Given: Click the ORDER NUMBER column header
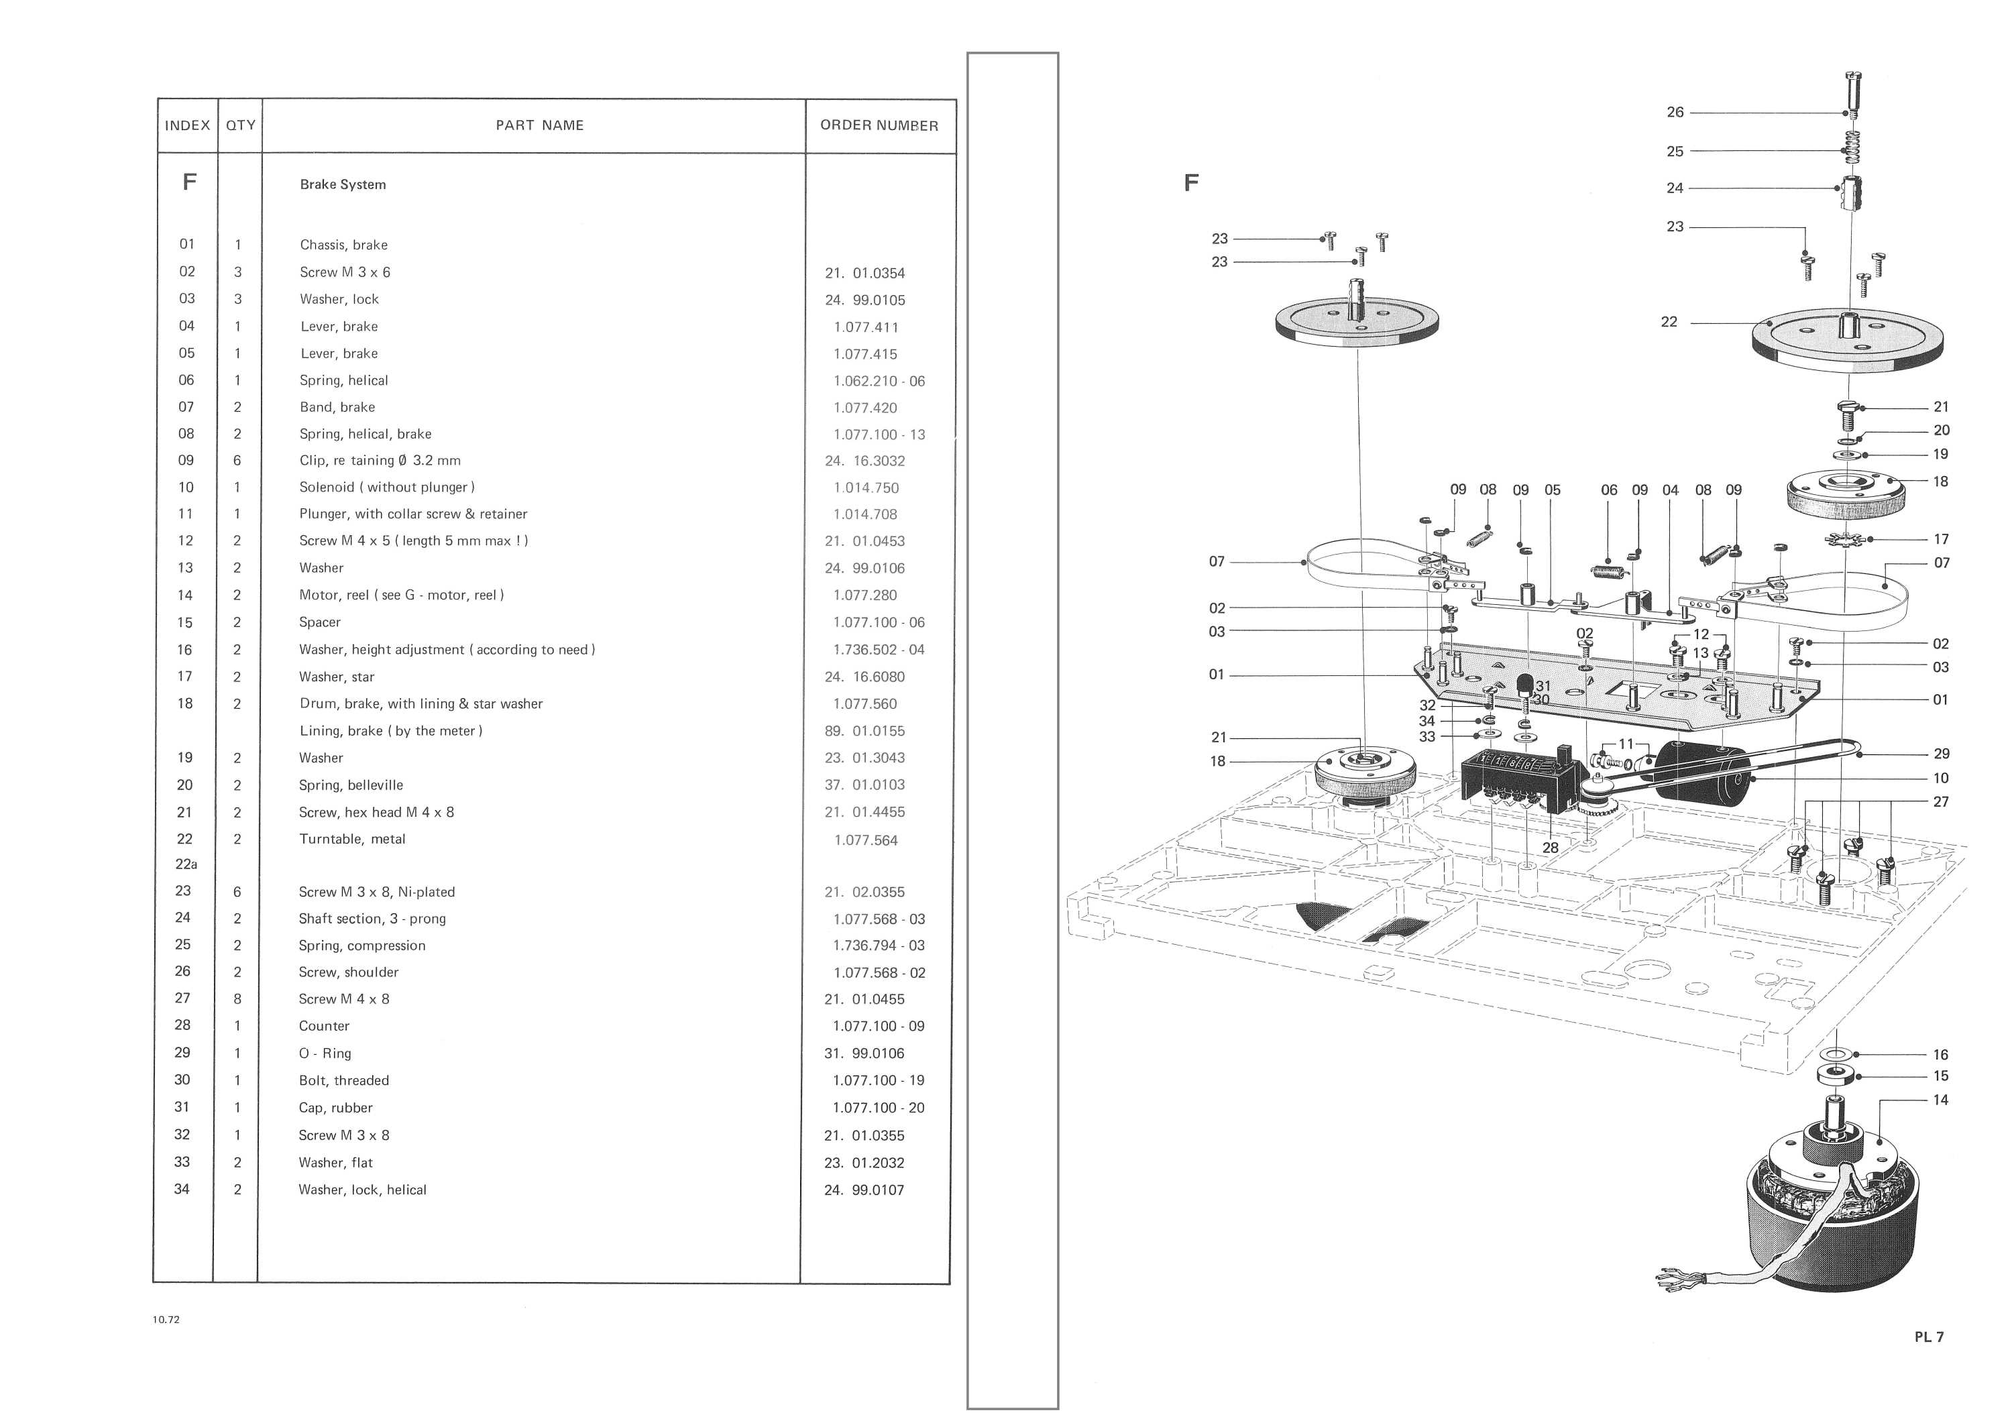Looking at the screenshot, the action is [x=879, y=125].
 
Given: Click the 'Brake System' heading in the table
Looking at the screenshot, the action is [x=343, y=184].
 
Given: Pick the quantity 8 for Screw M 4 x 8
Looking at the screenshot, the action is [x=237, y=999].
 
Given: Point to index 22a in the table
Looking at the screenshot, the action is [x=186, y=864].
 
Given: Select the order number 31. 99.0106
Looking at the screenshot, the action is [x=864, y=1053].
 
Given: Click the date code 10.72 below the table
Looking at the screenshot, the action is [x=166, y=1319].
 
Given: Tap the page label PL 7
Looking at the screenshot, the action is [x=1929, y=1336].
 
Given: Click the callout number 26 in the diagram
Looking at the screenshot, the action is [x=1675, y=113].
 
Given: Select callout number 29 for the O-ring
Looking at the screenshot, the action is [x=1941, y=754].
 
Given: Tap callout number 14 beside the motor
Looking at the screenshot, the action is [x=1940, y=1100].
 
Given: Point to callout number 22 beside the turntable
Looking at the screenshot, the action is [x=1669, y=323].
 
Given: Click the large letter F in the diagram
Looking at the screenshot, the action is [x=1190, y=183].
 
